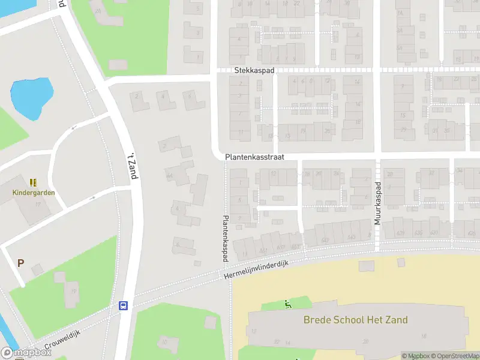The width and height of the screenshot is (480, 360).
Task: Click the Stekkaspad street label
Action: [x=254, y=70]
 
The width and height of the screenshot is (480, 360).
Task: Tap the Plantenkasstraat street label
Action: [x=254, y=156]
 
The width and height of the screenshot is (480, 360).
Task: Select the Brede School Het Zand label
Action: [x=355, y=320]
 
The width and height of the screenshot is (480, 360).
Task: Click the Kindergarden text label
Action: [x=34, y=193]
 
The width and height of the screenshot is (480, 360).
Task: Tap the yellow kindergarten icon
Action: [x=34, y=182]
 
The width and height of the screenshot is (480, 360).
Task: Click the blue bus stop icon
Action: [x=124, y=305]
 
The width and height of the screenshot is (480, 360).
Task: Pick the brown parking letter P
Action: [x=20, y=263]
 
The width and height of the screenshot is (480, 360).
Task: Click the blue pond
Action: [x=31, y=95]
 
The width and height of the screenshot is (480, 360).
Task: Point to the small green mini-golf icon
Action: [x=288, y=304]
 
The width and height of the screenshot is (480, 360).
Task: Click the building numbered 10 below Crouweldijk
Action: [x=164, y=343]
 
